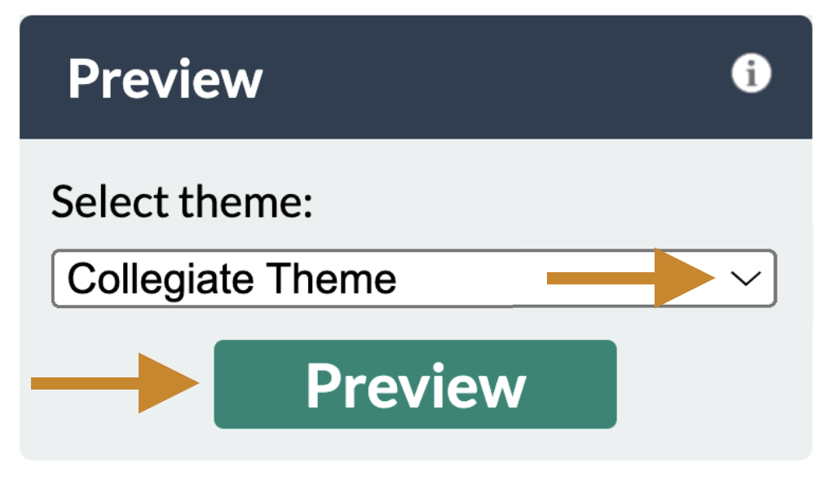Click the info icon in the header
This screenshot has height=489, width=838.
click(x=751, y=75)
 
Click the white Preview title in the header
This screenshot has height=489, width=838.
click(x=165, y=79)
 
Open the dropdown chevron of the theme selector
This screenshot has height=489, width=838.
click(x=746, y=279)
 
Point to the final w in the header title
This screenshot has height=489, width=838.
click(x=240, y=82)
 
